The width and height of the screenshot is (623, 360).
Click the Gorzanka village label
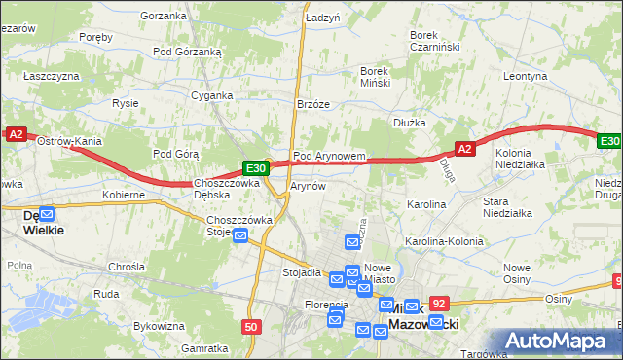tap(163, 16)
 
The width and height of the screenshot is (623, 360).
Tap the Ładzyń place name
tap(322, 18)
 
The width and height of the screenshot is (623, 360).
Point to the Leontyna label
tap(527, 75)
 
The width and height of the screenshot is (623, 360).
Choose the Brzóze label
tap(313, 104)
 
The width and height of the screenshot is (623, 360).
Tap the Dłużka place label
tap(410, 123)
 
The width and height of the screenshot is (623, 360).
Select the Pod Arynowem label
tap(329, 156)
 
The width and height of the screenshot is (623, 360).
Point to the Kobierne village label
tap(124, 195)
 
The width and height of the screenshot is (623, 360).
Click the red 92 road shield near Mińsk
tap(439, 305)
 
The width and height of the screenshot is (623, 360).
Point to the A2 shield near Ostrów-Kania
tap(16, 136)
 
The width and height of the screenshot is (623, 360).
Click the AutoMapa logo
tap(564, 341)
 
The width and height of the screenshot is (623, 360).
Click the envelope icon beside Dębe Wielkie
tap(47, 214)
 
